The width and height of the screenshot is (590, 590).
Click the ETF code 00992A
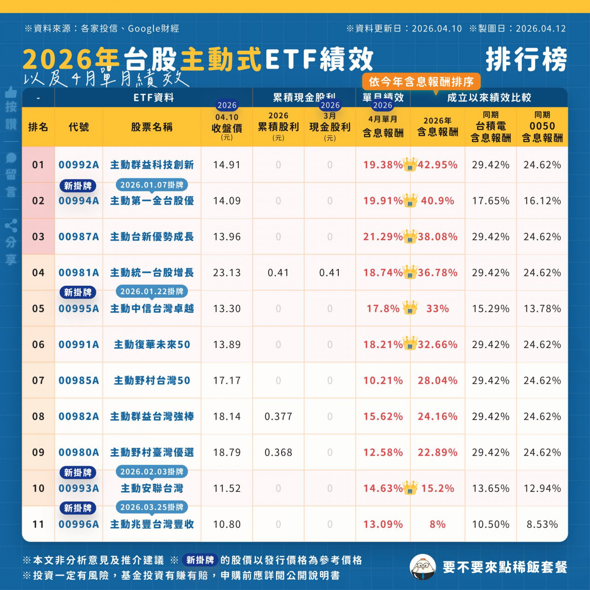(78, 165)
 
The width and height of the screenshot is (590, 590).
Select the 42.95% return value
(437, 165)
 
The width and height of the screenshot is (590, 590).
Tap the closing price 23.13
(227, 273)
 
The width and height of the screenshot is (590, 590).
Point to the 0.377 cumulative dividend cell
(278, 417)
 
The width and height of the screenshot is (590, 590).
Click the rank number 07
(38, 381)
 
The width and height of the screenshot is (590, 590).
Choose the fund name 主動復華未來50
(152, 345)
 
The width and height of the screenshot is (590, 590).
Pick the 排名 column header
(38, 127)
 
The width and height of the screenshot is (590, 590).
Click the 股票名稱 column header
(152, 127)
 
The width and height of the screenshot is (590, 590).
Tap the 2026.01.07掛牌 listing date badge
(152, 185)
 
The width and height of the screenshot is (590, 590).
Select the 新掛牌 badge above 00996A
(78, 508)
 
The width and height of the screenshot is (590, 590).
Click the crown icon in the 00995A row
(410, 307)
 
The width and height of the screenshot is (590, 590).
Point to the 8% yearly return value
(437, 525)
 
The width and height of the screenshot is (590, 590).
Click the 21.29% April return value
(383, 237)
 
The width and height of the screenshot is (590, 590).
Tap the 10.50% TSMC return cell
(490, 525)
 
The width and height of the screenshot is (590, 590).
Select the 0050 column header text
(542, 126)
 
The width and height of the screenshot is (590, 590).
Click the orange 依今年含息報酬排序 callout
(421, 82)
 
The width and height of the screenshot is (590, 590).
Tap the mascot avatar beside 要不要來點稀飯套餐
(423, 567)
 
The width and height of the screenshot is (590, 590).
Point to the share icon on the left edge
(11, 225)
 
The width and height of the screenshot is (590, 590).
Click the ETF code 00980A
(78, 453)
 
